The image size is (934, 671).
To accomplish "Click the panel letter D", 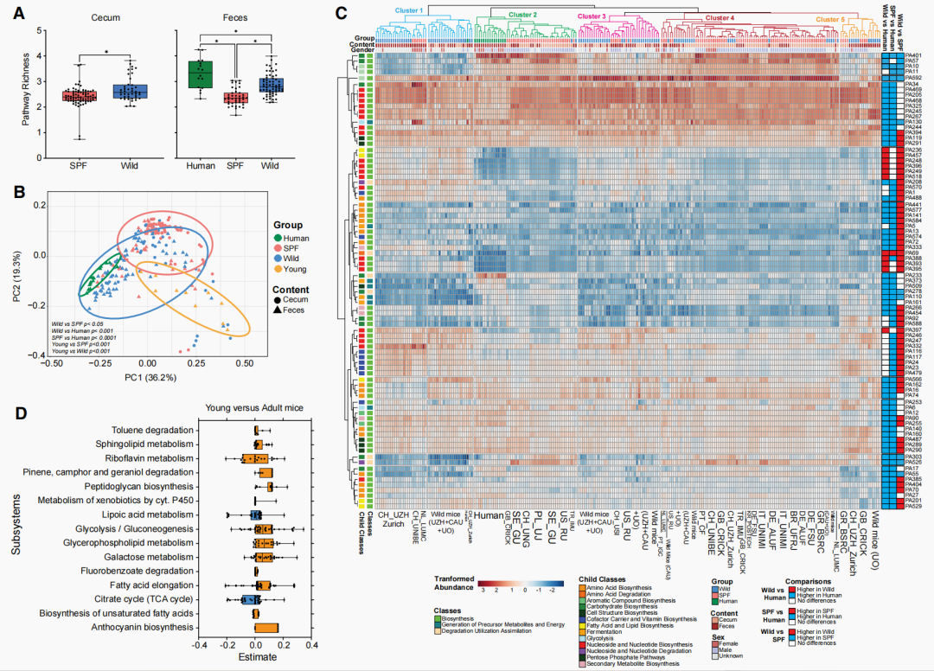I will click(x=20, y=412).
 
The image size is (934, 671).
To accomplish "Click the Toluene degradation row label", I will click(x=153, y=431).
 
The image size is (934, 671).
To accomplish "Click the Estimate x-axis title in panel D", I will click(x=255, y=658).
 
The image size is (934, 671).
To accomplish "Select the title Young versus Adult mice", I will click(x=253, y=408).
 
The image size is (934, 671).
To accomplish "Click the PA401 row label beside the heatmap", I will click(x=911, y=54).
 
